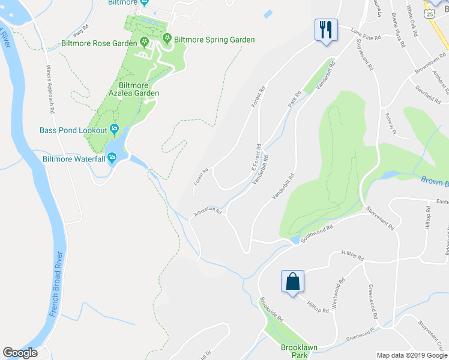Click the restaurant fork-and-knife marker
pyautogui.click(x=326, y=29)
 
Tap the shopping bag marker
pyautogui.click(x=292, y=281)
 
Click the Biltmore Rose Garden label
pyautogui.click(x=99, y=43)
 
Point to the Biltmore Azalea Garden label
pyautogui.click(x=134, y=89)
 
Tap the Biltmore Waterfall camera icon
pyautogui.click(x=111, y=158)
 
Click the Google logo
pyautogui.click(x=20, y=353)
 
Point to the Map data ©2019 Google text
pyautogui.click(x=411, y=355)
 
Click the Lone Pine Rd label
pyautogui.click(x=366, y=34)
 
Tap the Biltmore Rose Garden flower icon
pyautogui.click(x=145, y=41)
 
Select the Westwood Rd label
pyautogui.click(x=338, y=292)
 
